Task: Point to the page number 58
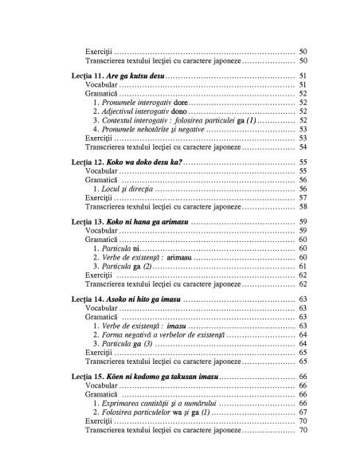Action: (303, 206)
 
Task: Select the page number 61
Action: (303, 265)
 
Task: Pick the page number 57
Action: (303, 197)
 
